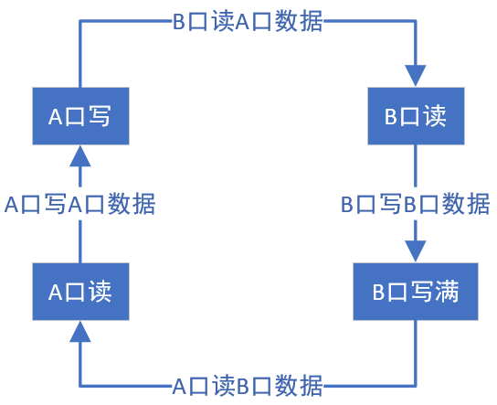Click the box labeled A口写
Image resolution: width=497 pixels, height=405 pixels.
(79, 116)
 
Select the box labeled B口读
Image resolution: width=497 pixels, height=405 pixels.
(416, 116)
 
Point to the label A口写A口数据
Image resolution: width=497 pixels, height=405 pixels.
(79, 204)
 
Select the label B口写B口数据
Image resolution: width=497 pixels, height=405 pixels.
(415, 204)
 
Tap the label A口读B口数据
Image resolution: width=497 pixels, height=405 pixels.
(248, 385)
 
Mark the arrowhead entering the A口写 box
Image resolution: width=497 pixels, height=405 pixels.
(79, 156)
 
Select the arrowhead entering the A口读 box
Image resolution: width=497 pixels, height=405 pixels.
(79, 331)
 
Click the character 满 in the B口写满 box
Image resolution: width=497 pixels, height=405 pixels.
(446, 292)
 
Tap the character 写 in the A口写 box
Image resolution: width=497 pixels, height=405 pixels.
(99, 116)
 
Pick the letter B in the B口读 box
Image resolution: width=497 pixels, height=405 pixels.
(389, 116)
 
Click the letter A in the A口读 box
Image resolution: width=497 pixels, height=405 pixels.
(54, 292)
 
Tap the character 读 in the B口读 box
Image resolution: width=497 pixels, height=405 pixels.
(435, 116)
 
